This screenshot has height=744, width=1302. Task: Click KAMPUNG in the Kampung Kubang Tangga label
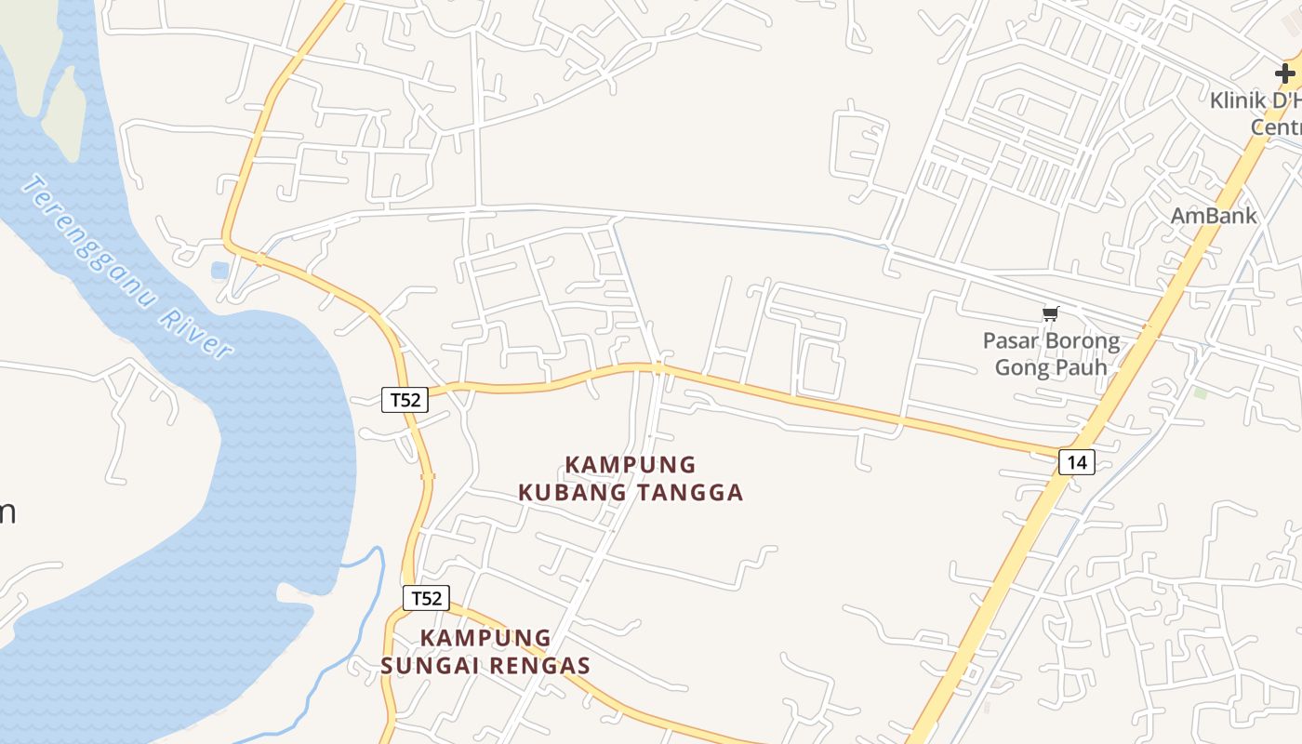[631, 464]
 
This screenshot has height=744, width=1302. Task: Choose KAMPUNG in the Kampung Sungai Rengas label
[485, 638]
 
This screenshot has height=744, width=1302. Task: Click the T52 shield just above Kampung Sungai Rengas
[426, 598]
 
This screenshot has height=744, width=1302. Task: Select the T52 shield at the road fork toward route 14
[405, 400]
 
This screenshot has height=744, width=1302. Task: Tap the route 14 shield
[1076, 461]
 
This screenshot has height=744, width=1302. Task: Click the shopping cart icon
[1050, 314]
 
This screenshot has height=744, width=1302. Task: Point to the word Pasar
[1011, 340]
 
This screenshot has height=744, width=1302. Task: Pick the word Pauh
[1083, 367]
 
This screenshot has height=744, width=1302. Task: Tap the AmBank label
[1214, 216]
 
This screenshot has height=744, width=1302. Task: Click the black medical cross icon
[1284, 73]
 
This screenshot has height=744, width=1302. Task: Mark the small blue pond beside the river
[219, 271]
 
